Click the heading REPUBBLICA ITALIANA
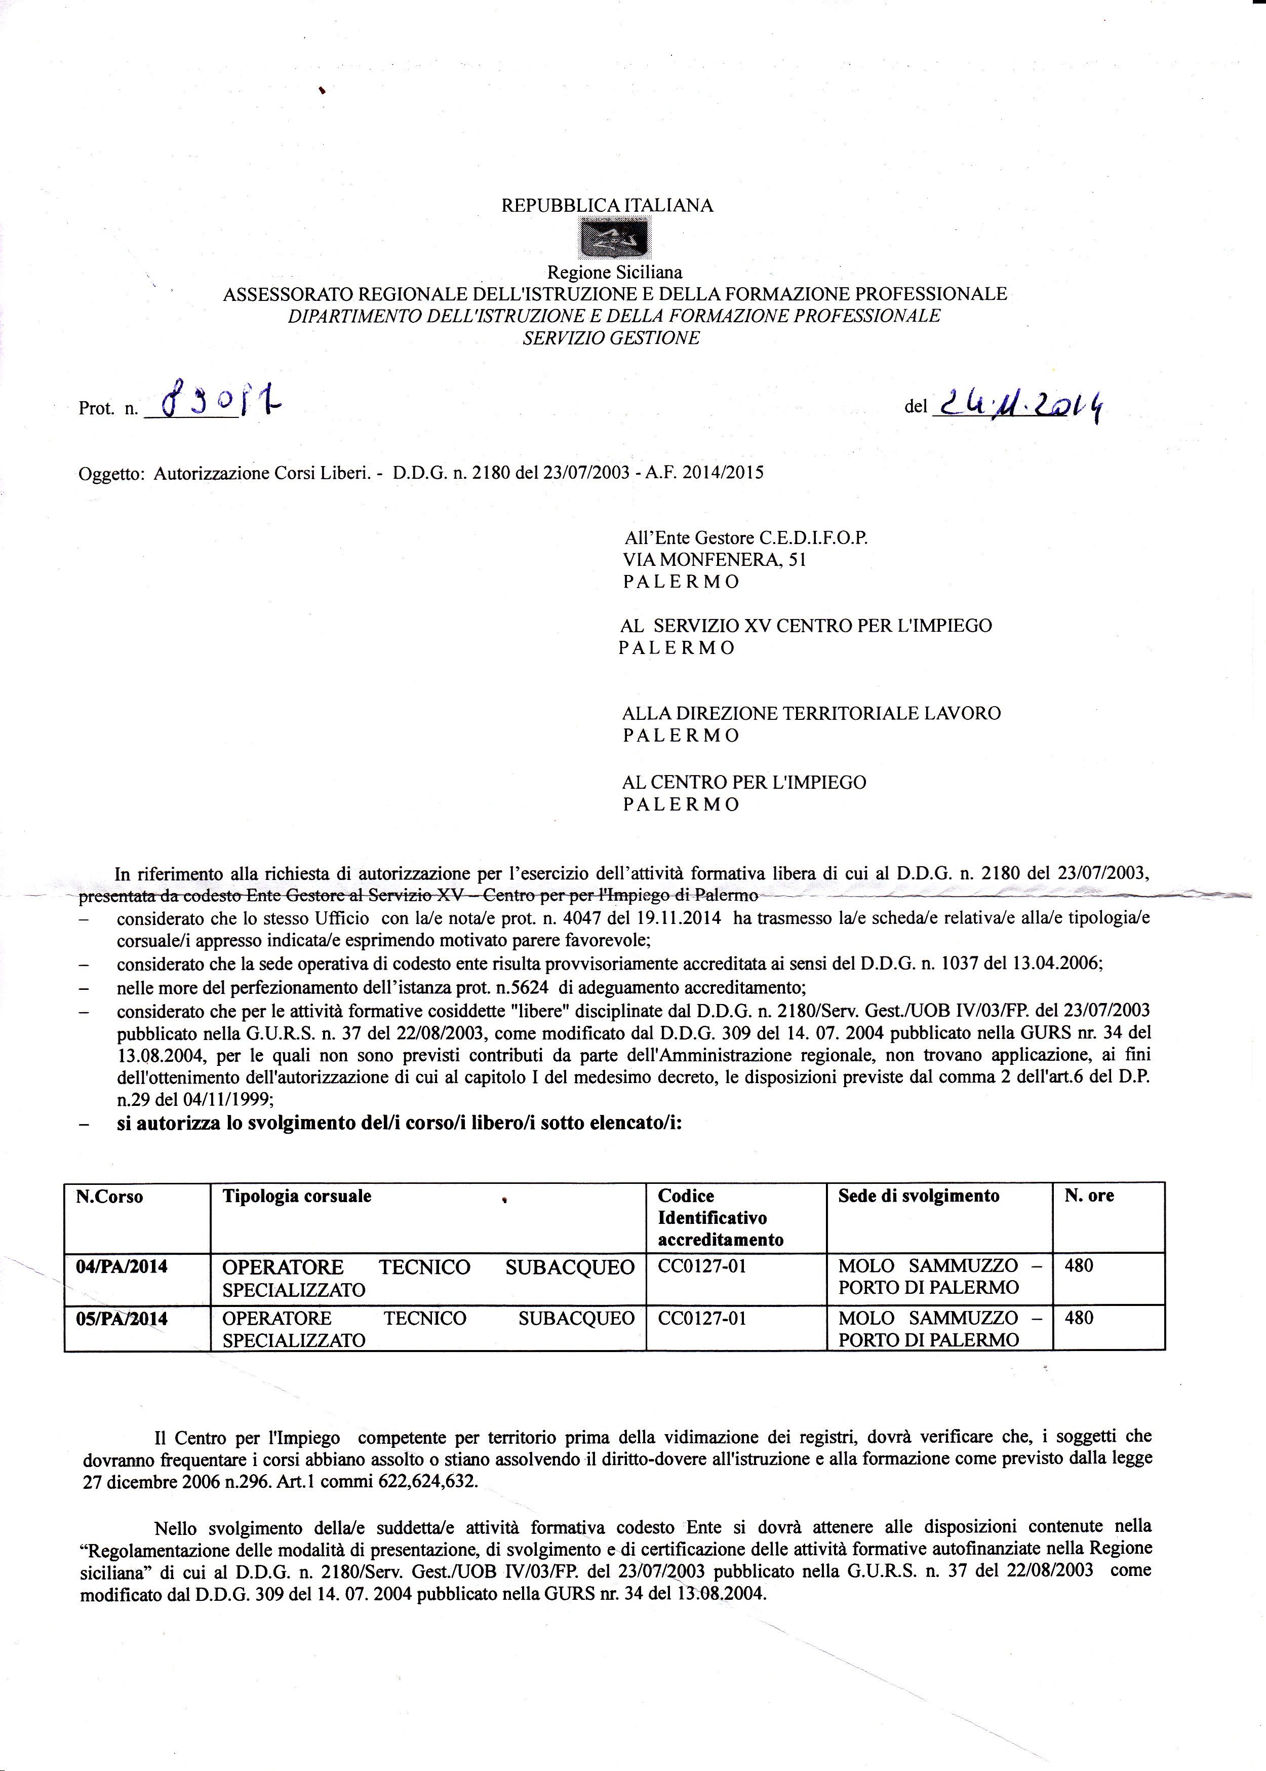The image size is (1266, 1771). [x=607, y=206]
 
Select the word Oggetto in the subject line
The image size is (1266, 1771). [x=110, y=473]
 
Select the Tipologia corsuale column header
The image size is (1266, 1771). [x=297, y=1196]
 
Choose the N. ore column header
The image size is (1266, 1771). [x=1089, y=1196]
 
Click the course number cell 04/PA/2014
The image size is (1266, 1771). [x=121, y=1266]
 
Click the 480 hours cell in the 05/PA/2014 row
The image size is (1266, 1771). [x=1079, y=1319]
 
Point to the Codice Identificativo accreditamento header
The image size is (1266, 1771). [x=720, y=1218]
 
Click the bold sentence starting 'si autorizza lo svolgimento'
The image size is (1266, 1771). [x=399, y=1125]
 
